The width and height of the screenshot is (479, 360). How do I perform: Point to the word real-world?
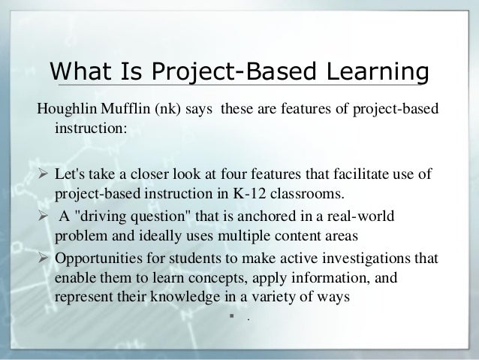pyautogui.click(x=360, y=217)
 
